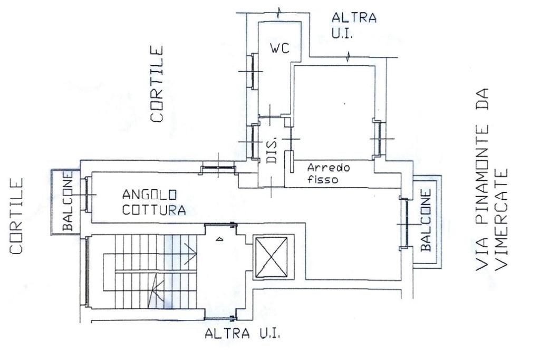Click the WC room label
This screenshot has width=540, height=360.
click(280, 48)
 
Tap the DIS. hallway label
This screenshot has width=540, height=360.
click(272, 151)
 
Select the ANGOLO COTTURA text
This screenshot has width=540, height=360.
click(154, 202)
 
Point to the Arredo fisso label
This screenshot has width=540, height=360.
click(328, 173)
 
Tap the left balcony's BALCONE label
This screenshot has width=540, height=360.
click(68, 201)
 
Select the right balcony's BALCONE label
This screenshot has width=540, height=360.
click(426, 220)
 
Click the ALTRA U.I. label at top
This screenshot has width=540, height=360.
click(354, 26)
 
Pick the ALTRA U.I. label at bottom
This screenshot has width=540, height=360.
click(242, 334)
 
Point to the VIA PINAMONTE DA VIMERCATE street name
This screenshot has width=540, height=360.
click(491, 179)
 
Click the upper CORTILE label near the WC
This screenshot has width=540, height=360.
click(157, 84)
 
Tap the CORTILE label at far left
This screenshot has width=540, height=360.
click(16, 216)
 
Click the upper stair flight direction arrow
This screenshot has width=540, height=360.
click(190, 254)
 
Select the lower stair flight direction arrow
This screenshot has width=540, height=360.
click(156, 290)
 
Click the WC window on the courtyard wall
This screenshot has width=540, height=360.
click(254, 71)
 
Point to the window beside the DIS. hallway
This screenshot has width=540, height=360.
click(255, 142)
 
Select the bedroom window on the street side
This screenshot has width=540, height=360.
click(379, 139)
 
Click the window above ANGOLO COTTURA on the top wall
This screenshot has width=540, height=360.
click(218, 168)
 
